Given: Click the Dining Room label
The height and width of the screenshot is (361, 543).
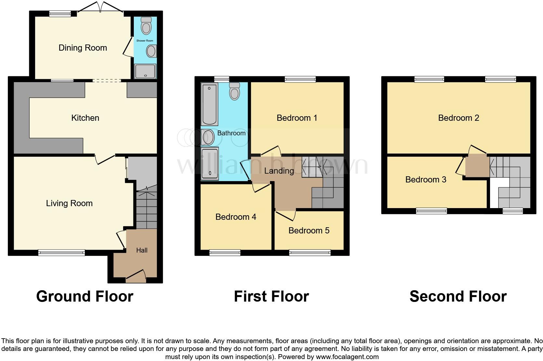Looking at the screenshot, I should (x=82, y=48).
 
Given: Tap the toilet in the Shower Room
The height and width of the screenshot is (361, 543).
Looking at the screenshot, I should (x=146, y=26).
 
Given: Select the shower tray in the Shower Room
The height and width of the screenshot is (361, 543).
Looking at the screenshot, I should (x=145, y=71).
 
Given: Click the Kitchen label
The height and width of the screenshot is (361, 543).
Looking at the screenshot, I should (x=85, y=118).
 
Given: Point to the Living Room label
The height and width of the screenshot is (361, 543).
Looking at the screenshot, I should (x=69, y=203).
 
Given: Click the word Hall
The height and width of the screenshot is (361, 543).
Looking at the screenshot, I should (x=142, y=250).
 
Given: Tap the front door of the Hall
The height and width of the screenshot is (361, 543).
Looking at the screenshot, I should (x=136, y=276).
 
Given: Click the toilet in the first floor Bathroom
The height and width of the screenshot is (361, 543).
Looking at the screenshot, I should (x=234, y=91).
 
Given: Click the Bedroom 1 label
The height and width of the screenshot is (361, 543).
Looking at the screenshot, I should (x=297, y=118).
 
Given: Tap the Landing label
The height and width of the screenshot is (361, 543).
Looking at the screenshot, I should (x=279, y=171).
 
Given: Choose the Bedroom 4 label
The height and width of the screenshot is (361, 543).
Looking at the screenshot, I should (x=236, y=217).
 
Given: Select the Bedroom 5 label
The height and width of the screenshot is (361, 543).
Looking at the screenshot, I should (x=309, y=230).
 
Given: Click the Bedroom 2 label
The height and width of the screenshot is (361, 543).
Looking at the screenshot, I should (x=458, y=118).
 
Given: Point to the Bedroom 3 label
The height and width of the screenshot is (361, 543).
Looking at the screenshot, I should (x=425, y=180).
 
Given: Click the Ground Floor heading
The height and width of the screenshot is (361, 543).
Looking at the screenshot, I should (x=84, y=296).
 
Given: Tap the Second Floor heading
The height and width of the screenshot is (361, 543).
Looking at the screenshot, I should (x=458, y=296).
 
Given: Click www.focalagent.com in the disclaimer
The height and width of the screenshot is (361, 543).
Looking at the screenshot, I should (x=347, y=357).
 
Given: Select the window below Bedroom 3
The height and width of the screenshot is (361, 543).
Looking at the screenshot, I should (x=431, y=211).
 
